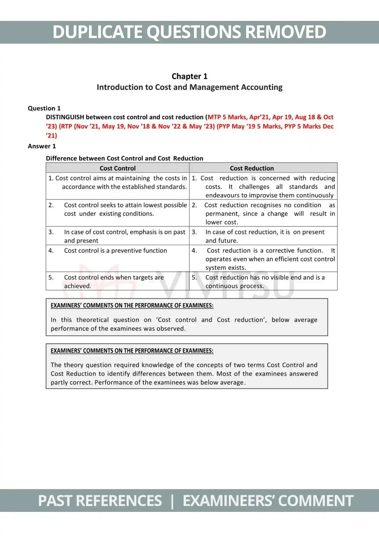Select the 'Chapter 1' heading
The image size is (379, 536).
189,76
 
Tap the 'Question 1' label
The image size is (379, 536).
44,108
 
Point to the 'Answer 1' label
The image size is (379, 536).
42,146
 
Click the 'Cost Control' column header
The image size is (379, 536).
118,168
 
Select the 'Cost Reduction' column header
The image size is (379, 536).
252,168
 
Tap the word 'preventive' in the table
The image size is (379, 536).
127,251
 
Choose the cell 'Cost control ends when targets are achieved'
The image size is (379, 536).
114,281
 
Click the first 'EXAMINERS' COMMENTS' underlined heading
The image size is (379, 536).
132,306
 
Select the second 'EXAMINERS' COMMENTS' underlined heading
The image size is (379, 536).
132,351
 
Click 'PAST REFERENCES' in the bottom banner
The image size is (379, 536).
100,501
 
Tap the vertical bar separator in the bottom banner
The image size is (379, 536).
172,501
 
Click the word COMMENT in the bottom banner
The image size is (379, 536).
315,501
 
